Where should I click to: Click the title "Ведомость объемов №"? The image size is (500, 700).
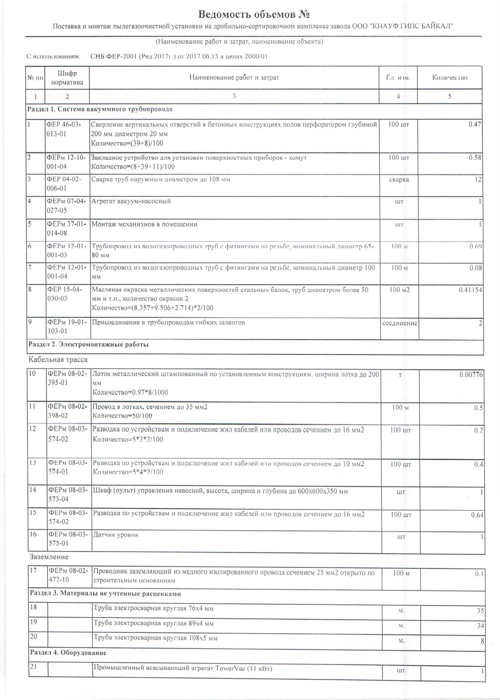[254, 14]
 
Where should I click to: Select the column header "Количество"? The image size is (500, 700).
[449, 77]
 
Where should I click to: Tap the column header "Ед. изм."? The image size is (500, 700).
[398, 77]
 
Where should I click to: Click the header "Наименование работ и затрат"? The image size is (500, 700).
[234, 77]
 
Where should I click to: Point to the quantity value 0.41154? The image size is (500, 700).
[470, 290]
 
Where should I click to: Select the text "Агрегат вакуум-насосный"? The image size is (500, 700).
[131, 202]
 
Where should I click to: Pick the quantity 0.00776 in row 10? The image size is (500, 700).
[471, 374]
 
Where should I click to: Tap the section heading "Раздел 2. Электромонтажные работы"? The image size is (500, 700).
[89, 345]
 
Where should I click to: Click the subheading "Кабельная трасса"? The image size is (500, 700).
[58, 360]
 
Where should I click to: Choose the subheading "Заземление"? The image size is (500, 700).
[49, 557]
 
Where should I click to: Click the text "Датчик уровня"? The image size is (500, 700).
[116, 535]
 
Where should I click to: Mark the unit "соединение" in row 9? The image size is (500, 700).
[400, 323]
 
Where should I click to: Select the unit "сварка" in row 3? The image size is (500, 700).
[399, 180]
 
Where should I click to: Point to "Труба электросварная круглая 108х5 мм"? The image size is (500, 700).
[155, 638]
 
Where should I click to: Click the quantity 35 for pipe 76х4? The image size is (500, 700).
[480, 611]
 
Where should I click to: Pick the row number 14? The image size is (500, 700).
[33, 490]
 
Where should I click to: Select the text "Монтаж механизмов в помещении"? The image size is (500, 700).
[144, 224]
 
